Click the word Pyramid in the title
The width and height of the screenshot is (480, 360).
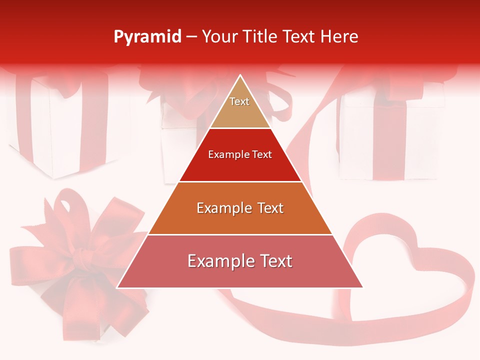[x=147, y=37]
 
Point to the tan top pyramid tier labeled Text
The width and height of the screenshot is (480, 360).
[x=240, y=107]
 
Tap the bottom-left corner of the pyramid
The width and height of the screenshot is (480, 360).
[x=118, y=287]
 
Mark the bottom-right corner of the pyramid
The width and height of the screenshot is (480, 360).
[x=362, y=287]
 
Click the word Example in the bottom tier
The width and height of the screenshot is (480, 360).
[x=218, y=261]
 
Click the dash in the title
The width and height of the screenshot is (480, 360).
[x=191, y=37]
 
